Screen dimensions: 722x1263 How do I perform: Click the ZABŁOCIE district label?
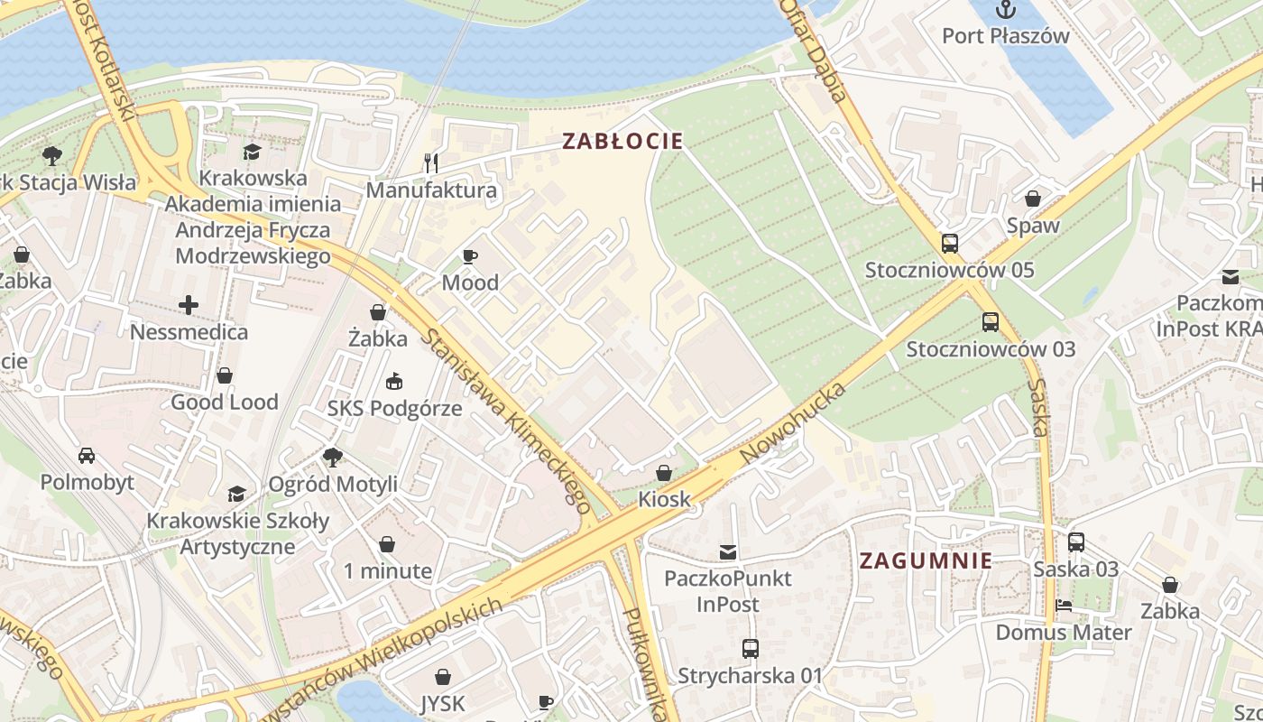click(x=622, y=141)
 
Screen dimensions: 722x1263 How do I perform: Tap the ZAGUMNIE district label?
click(x=926, y=560)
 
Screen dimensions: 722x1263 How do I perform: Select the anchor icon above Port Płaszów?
click(x=1005, y=10)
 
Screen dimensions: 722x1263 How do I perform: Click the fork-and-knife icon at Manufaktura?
click(x=431, y=163)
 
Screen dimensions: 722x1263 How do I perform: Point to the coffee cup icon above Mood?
click(x=469, y=256)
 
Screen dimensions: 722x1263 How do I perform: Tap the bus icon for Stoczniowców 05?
click(x=949, y=243)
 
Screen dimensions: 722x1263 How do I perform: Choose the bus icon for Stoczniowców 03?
click(x=991, y=321)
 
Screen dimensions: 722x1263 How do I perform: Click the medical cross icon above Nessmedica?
click(x=189, y=305)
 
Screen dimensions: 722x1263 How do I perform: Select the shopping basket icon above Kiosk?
click(x=664, y=472)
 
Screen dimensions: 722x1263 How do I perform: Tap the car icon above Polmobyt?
click(x=87, y=455)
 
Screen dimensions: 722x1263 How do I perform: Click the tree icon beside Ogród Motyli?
click(x=333, y=458)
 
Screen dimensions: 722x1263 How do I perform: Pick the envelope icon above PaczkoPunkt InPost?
click(x=727, y=551)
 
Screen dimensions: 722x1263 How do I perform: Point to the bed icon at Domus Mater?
click(x=1063, y=606)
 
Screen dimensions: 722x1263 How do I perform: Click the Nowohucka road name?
click(x=793, y=423)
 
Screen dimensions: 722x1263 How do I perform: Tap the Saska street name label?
click(x=1038, y=409)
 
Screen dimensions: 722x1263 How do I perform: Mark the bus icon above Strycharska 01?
click(x=750, y=648)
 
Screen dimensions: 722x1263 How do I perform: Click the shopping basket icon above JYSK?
click(x=443, y=676)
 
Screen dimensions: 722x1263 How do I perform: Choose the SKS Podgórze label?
click(x=394, y=408)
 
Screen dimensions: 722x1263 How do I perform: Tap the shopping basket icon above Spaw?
click(x=1033, y=199)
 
